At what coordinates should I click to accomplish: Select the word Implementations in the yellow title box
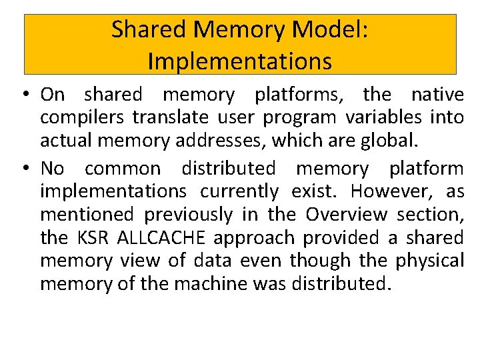tap(240, 61)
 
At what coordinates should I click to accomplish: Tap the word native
tap(437, 95)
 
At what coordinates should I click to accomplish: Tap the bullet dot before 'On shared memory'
tap(24, 95)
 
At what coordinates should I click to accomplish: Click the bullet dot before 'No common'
tap(24, 169)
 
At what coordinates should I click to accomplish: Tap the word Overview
tap(346, 215)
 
